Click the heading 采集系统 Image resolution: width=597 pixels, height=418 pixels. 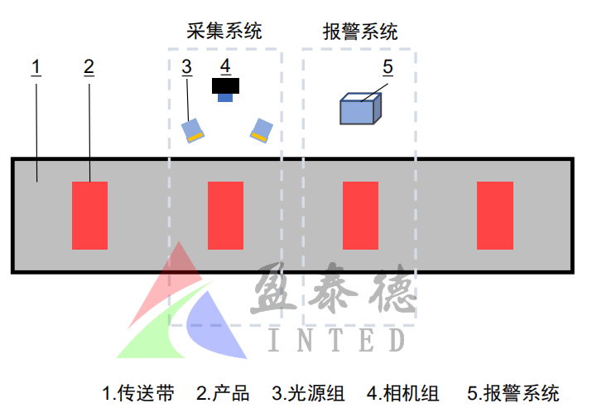224,32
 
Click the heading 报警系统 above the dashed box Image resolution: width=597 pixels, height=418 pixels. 360,32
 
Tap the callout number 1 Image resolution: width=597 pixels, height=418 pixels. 36,66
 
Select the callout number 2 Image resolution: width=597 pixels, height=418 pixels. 89,66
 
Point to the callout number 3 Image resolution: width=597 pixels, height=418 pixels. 187,66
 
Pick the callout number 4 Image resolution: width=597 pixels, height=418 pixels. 225,66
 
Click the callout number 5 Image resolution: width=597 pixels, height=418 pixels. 388,66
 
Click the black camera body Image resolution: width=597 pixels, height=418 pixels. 225,85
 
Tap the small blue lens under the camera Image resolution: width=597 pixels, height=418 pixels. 225,98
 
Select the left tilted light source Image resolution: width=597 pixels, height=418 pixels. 194,129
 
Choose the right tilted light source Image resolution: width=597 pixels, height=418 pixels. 261,129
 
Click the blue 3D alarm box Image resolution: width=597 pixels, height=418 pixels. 361,109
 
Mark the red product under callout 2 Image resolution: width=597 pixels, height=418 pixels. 89,215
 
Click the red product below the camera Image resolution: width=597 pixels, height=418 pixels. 225,215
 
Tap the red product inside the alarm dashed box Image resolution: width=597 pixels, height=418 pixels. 360,215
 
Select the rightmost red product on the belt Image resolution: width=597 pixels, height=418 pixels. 495,215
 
